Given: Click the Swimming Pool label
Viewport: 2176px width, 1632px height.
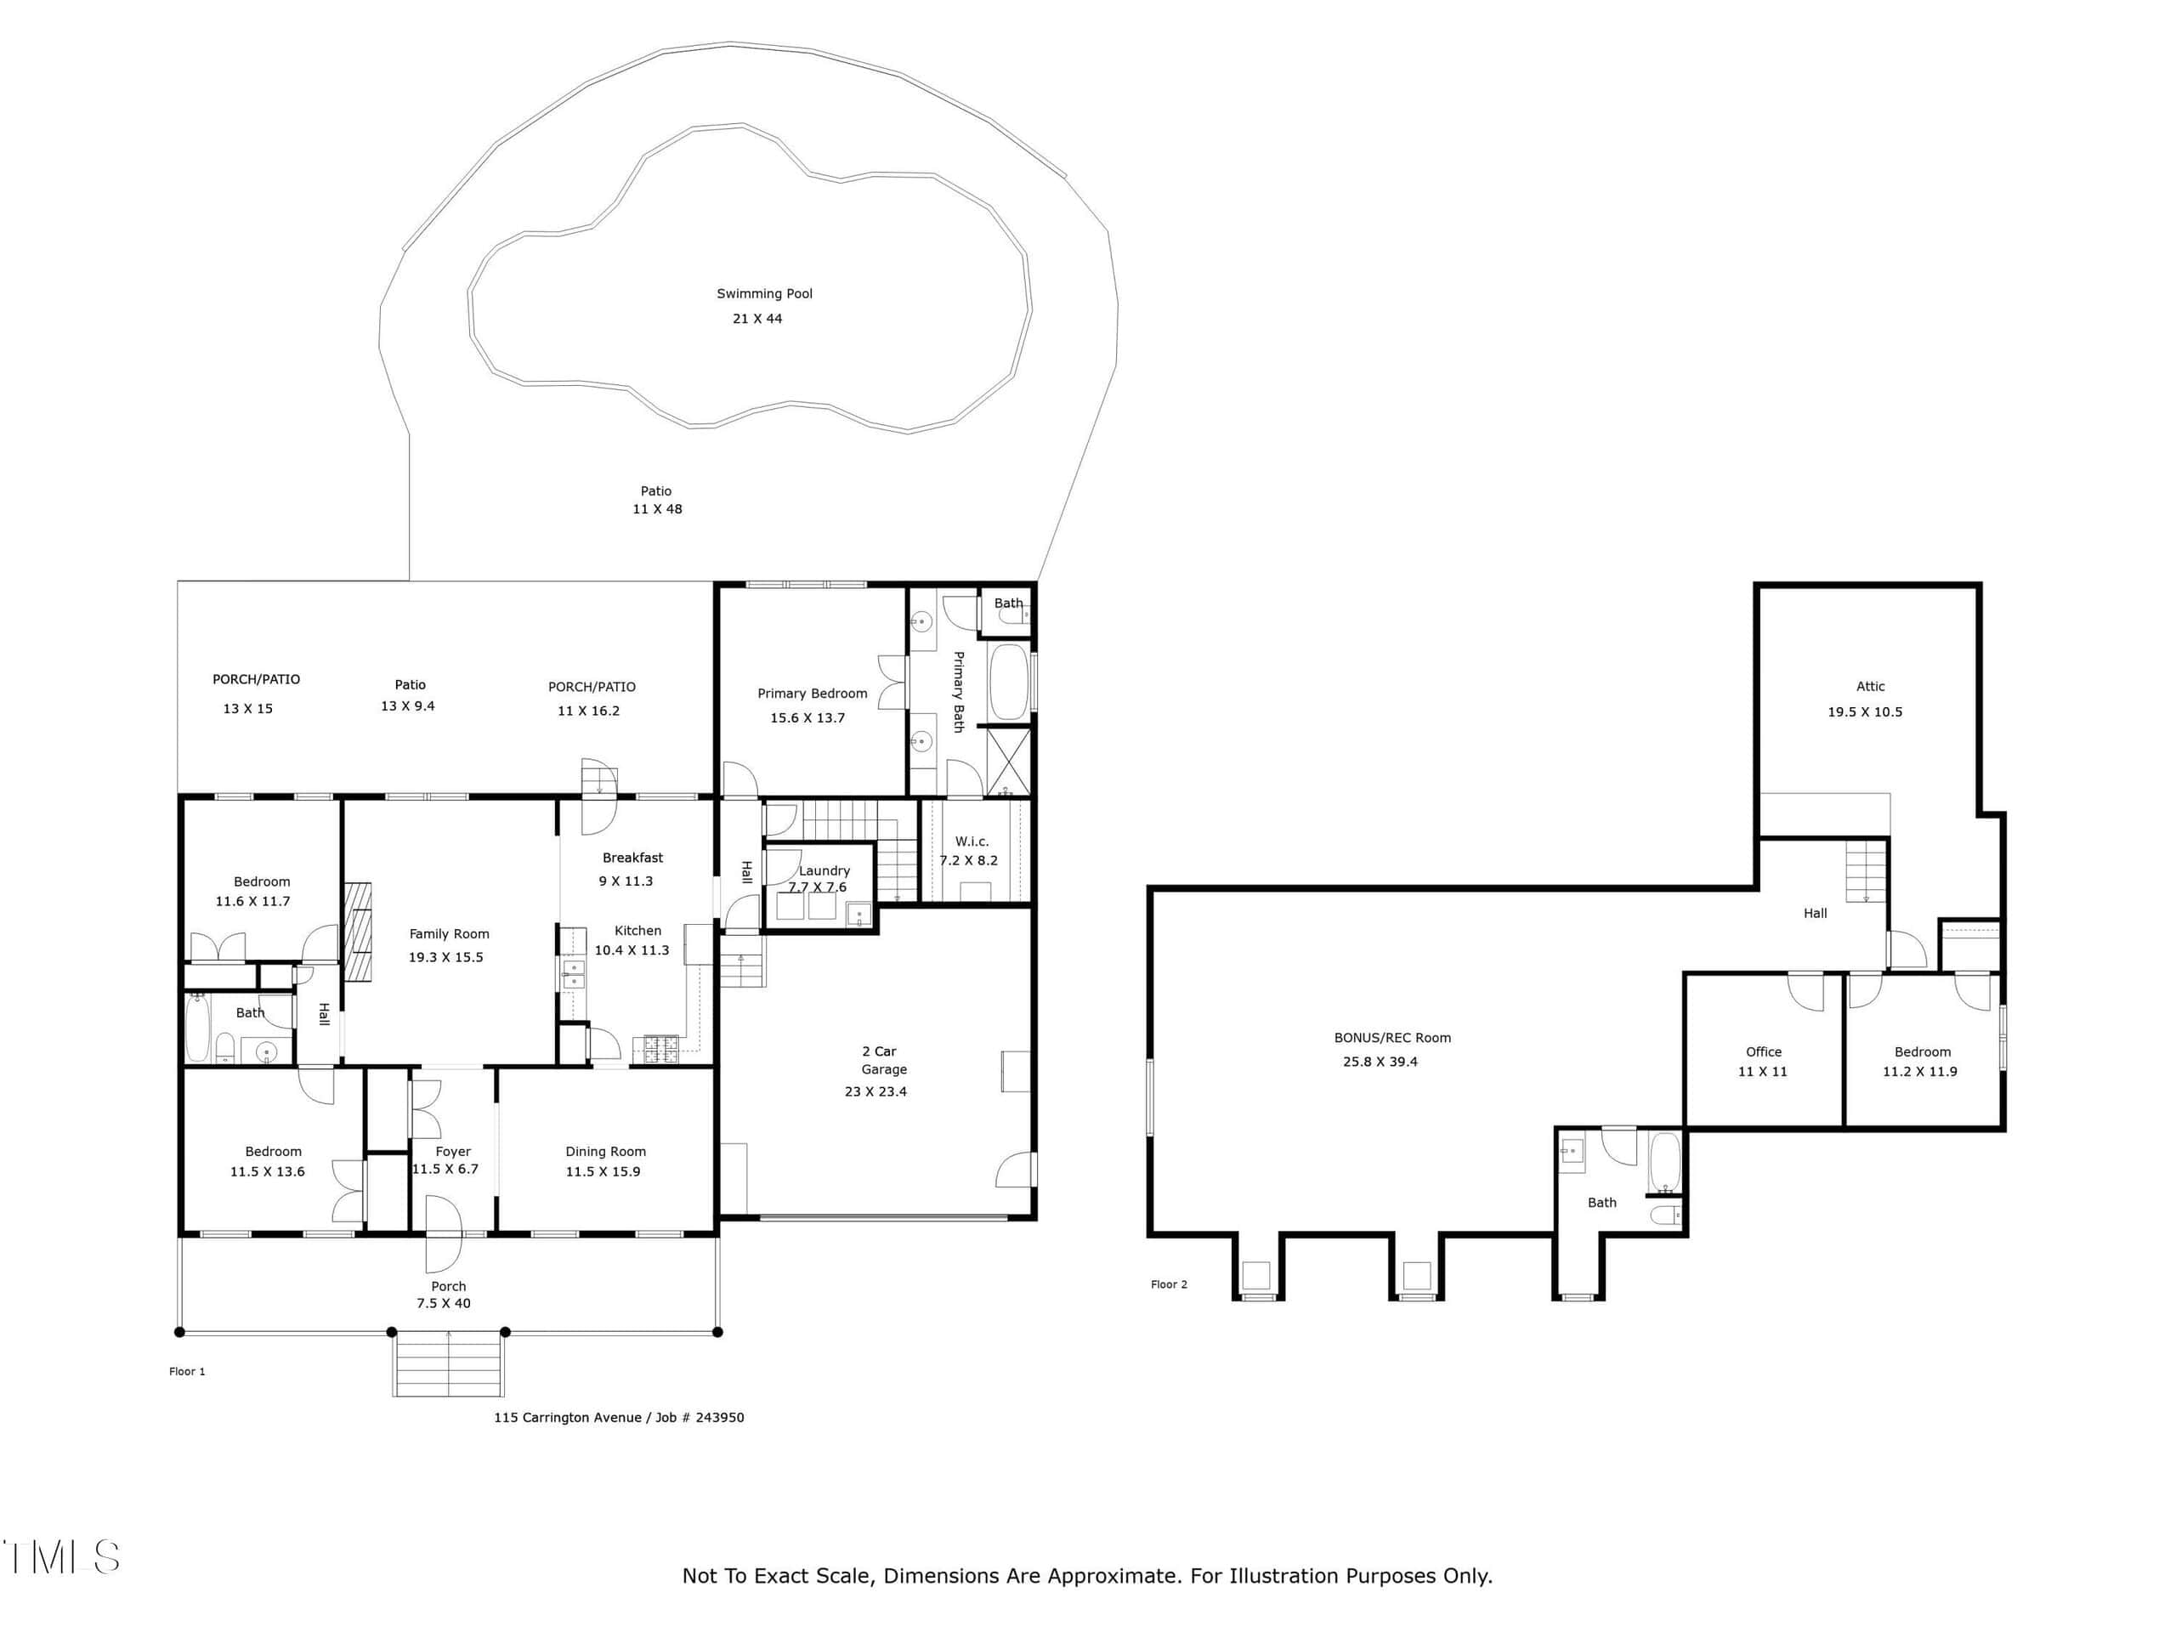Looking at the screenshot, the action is point(764,293).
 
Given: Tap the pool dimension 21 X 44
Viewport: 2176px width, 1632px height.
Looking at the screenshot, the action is point(757,319).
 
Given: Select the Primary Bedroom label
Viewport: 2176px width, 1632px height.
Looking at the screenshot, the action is point(813,694).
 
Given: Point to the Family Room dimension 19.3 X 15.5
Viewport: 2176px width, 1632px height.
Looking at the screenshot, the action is point(445,957).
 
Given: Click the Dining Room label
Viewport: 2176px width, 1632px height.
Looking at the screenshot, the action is point(606,1151).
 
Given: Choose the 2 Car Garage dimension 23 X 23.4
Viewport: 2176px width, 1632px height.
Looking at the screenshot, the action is point(875,1091).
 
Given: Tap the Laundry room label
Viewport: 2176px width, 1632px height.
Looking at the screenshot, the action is point(824,870).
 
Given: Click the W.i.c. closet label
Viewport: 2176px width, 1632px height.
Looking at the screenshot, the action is point(972,841).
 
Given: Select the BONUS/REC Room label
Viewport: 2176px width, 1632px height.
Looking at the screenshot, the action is point(1392,1037).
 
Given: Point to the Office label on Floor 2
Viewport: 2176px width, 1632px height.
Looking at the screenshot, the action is point(1764,1051).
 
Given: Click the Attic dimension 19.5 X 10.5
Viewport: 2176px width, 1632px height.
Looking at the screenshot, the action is point(1865,711).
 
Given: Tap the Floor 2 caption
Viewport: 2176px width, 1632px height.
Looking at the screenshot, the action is point(1169,1283).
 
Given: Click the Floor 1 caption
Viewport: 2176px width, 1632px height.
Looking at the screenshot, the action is point(187,1371).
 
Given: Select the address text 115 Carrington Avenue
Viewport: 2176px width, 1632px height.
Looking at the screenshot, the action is point(568,1418).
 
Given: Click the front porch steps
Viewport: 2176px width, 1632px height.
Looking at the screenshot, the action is point(449,1363).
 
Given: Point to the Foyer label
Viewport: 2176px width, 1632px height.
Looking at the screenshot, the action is point(454,1151).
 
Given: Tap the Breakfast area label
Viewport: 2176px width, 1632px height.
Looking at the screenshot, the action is point(632,858).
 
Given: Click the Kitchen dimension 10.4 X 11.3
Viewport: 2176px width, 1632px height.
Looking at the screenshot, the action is point(632,950).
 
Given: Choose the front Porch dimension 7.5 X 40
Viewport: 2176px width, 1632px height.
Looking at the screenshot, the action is point(444,1303).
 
